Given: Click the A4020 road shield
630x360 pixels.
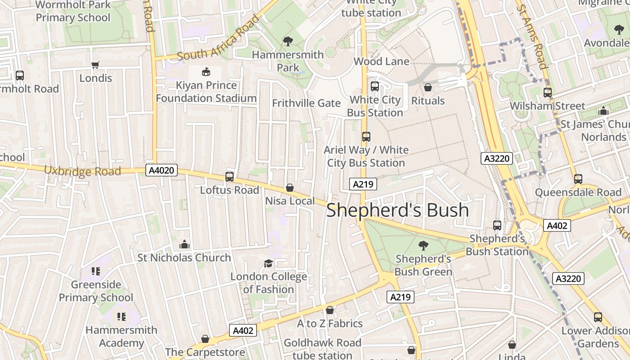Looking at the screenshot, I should (162, 170).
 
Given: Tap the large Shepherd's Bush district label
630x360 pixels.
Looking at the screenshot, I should (397, 210).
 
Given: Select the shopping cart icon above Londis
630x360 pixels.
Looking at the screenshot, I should (95, 65).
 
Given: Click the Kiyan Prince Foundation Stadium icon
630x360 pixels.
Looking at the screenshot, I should (206, 72).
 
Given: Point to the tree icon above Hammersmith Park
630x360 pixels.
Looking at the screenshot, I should (288, 41).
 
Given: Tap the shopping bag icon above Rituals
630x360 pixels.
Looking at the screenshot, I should (428, 87).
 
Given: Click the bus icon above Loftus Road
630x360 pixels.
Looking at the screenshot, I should (229, 177).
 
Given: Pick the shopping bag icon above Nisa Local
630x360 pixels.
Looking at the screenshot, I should (290, 187).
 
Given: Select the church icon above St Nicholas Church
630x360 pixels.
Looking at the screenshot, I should (184, 244).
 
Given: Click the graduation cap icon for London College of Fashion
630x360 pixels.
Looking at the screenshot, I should (268, 263).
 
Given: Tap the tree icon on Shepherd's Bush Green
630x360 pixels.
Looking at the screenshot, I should (423, 245).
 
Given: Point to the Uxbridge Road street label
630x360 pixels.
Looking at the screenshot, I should (82, 171).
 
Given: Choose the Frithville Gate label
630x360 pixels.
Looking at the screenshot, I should (306, 103).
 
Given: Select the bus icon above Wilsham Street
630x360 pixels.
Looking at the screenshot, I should (548, 93).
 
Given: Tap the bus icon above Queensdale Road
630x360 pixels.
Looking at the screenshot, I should (578, 179).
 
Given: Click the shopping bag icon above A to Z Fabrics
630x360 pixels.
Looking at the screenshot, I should (330, 310).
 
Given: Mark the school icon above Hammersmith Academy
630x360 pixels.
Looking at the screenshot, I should (121, 317).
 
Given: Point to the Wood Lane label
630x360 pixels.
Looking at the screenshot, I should (382, 61).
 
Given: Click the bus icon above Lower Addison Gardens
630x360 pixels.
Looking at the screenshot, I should (598, 317).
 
